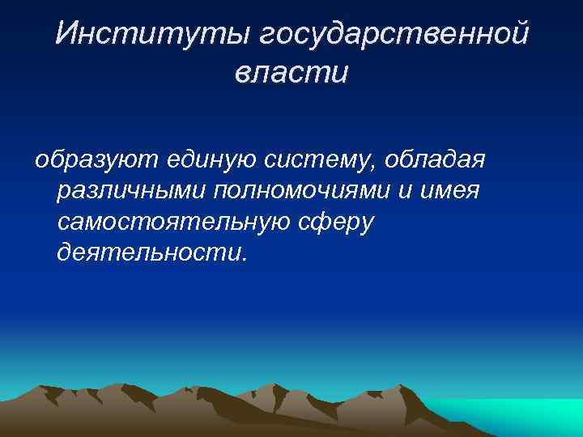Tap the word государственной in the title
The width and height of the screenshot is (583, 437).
pyautogui.click(x=394, y=36)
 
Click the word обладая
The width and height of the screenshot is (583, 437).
pyautogui.click(x=435, y=159)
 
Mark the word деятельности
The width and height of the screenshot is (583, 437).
pyautogui.click(x=148, y=253)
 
